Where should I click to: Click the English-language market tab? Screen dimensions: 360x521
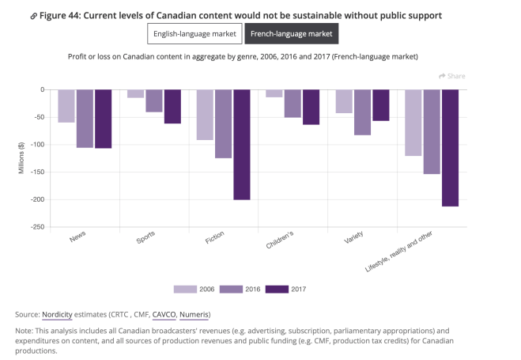(x=194, y=33)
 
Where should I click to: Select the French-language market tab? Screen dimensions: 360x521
(x=292, y=33)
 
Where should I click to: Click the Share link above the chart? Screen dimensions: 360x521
(x=452, y=76)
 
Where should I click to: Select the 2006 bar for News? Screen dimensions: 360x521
(x=66, y=106)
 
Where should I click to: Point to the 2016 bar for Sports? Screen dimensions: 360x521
(x=154, y=100)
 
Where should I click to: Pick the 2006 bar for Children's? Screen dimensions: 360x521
(x=274, y=93)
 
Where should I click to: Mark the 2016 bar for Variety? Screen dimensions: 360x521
(x=362, y=112)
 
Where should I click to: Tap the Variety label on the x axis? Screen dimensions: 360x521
(x=353, y=239)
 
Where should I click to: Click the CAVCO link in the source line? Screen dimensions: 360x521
(x=165, y=314)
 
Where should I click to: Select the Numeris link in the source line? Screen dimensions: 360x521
(x=194, y=314)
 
